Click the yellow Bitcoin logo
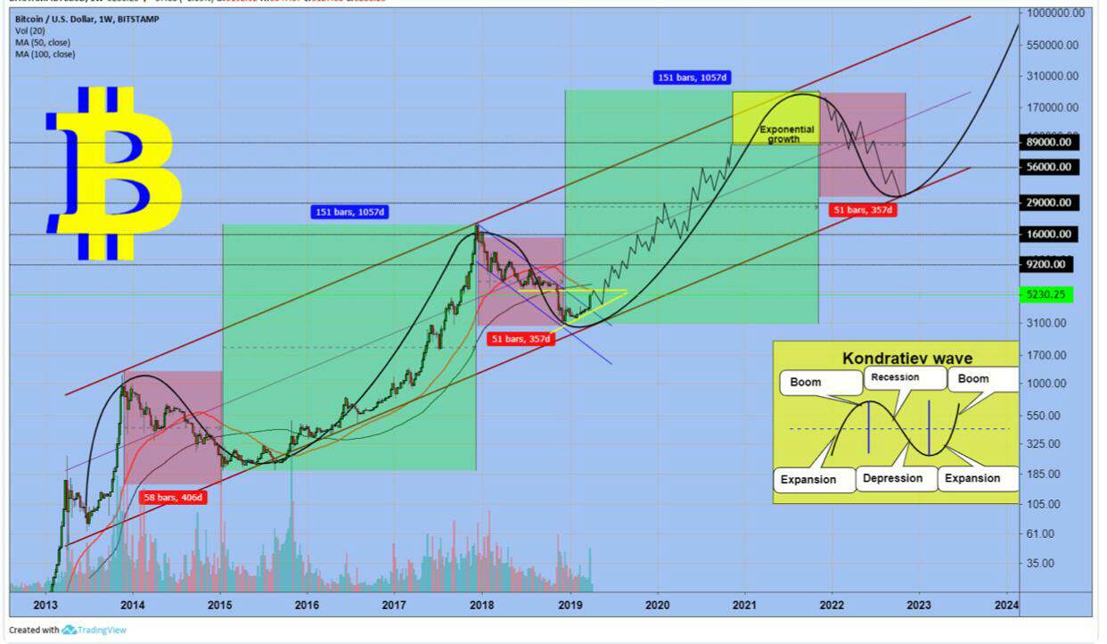point(114,173)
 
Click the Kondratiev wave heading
point(895,359)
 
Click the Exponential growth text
point(786,135)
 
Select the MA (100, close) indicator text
point(45,54)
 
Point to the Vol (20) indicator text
point(31,30)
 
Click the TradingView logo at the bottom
point(94,630)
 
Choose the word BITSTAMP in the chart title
point(136,18)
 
